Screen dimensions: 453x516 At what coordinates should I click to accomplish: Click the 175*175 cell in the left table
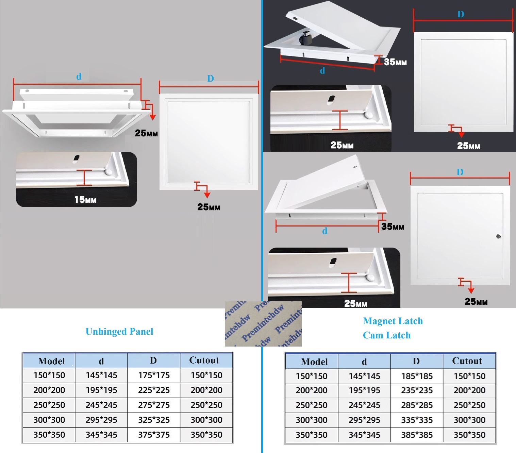(x=154, y=375)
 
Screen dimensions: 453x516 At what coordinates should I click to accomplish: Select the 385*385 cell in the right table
(x=417, y=435)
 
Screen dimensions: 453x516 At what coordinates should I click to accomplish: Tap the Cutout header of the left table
(x=204, y=360)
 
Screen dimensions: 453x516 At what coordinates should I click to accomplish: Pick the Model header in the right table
(x=314, y=362)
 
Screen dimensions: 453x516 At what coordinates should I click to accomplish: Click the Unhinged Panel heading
(x=119, y=332)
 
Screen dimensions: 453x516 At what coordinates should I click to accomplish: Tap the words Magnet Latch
(x=393, y=321)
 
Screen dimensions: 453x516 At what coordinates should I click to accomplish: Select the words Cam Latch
(x=387, y=335)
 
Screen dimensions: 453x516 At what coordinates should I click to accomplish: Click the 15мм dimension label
(x=85, y=199)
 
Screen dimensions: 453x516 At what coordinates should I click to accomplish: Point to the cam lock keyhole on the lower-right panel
(x=499, y=236)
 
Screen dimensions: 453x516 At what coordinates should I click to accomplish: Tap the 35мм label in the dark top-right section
(x=395, y=62)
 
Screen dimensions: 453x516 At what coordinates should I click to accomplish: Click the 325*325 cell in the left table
(x=154, y=420)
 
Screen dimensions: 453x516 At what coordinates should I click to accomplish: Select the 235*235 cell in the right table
(x=417, y=390)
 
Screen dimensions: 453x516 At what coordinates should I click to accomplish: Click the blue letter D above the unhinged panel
(x=211, y=79)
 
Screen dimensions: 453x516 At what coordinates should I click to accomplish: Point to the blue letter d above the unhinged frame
(x=79, y=77)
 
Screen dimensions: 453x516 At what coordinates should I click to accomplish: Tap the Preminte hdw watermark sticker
(x=263, y=324)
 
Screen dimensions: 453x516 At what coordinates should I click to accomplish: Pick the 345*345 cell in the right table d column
(x=364, y=435)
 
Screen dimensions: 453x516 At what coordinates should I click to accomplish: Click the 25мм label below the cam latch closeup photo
(x=355, y=303)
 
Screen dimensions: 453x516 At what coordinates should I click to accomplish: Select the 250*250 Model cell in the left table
(x=49, y=405)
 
